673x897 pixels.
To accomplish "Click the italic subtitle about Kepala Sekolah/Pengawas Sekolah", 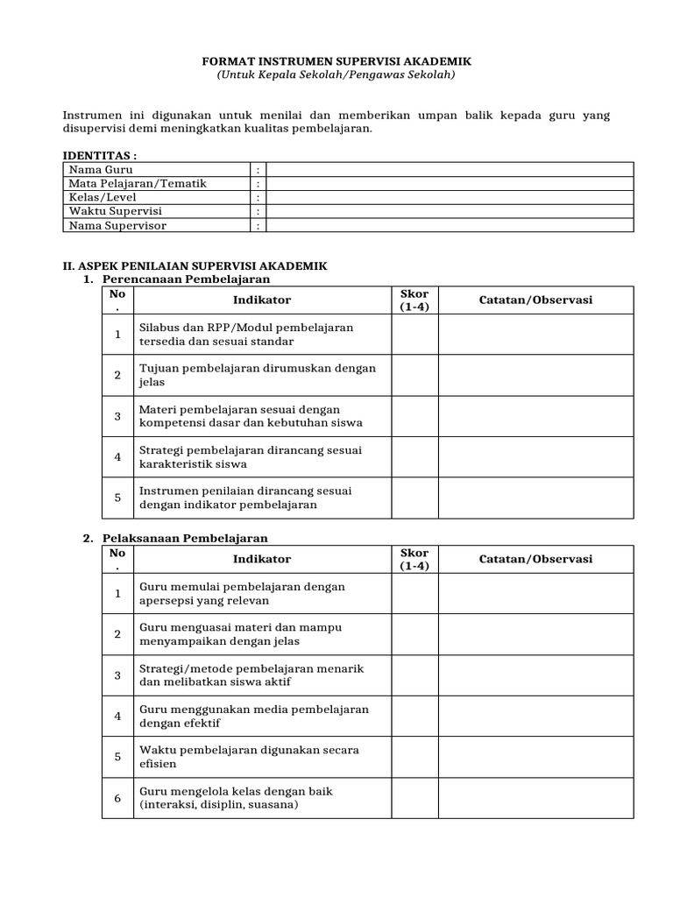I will (x=336, y=75).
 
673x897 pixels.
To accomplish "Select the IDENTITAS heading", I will (x=100, y=155).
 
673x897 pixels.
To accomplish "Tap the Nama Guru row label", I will (x=101, y=169).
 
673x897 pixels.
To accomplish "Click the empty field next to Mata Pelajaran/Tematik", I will (x=449, y=183).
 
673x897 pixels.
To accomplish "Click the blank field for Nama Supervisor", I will (x=449, y=225).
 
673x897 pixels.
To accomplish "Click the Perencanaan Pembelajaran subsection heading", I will (x=186, y=279).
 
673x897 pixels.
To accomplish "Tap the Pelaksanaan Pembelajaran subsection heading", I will (x=185, y=538).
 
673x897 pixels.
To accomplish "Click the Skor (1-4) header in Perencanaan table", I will (x=414, y=300).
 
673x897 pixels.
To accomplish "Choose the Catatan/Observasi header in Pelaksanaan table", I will (x=535, y=559).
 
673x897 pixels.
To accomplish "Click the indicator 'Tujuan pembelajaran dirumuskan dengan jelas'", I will (x=257, y=375).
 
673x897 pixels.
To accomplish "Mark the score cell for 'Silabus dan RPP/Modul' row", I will (x=414, y=334).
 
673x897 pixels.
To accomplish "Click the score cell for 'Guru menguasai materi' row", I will (x=414, y=634).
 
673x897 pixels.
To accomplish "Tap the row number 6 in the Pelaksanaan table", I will (x=117, y=798).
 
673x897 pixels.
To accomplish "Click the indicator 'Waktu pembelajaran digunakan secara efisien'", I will (x=248, y=757).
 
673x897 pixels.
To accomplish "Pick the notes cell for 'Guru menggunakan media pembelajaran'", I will (x=535, y=716).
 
